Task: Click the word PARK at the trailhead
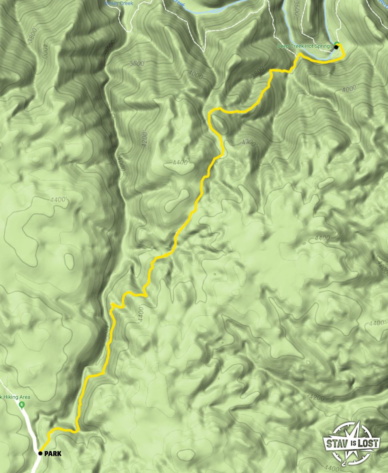pos(53,454)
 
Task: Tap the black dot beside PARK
pos(40,453)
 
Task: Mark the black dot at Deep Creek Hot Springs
pos(336,47)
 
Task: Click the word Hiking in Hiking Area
pos(11,397)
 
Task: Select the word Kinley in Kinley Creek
pos(112,3)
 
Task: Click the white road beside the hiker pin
pos(30,424)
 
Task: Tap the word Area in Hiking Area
pos(24,397)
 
